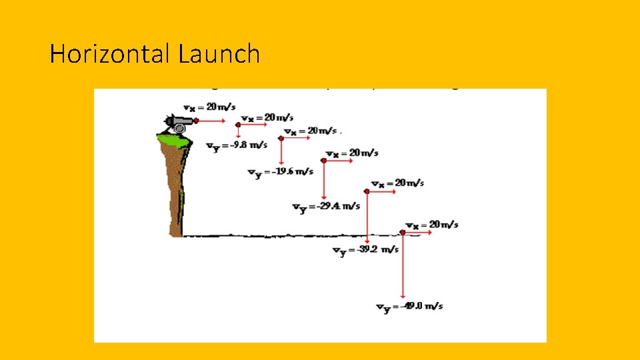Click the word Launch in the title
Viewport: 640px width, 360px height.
point(219,53)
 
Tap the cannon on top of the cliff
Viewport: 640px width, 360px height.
point(178,123)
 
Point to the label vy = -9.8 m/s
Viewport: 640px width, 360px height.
point(237,145)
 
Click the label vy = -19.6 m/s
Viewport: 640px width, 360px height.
point(280,172)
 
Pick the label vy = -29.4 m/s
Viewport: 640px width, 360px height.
point(326,206)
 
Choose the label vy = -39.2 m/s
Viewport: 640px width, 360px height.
point(365,250)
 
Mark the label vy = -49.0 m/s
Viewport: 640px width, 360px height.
point(409,307)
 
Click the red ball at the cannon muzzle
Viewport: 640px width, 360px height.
point(196,121)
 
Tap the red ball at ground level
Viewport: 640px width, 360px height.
point(403,233)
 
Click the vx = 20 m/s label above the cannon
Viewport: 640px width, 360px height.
point(208,107)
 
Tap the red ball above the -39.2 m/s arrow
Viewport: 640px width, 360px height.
point(367,191)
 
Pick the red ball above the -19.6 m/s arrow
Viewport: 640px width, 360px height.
point(281,138)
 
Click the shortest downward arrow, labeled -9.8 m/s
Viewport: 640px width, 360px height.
point(238,130)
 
